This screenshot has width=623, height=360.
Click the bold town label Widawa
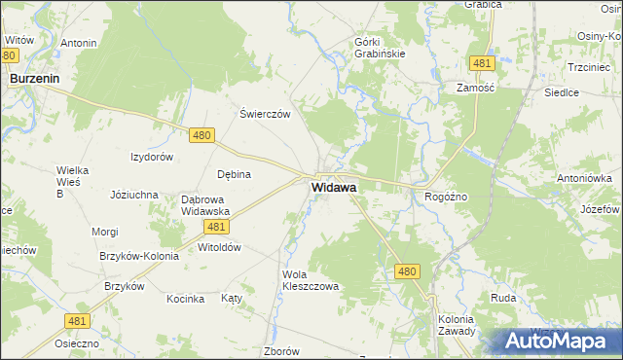click(333, 187)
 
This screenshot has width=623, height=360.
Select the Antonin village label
click(79, 44)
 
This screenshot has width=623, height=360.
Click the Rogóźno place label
click(446, 197)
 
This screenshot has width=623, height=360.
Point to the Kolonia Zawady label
click(456, 325)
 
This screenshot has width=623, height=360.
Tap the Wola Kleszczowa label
click(310, 281)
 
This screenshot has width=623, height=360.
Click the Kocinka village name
click(185, 299)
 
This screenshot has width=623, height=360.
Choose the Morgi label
click(105, 232)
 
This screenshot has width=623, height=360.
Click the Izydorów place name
click(152, 157)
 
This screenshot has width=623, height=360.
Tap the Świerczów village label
click(266, 114)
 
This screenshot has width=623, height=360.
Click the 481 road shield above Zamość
click(482, 63)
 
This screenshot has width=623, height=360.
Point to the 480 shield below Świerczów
click(202, 136)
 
